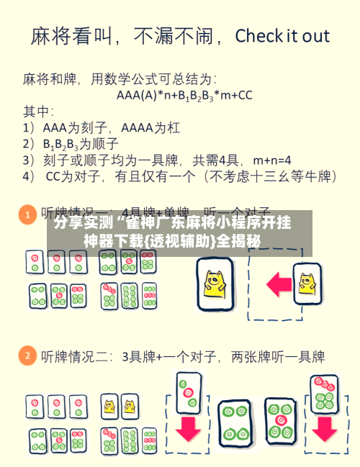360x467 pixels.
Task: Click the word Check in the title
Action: (x=262, y=36)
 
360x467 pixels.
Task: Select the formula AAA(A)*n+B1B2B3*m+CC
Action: (x=184, y=94)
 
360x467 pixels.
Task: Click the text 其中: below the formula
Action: (x=38, y=111)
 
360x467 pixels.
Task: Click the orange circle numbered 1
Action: (x=27, y=214)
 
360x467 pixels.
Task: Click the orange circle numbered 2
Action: (x=27, y=355)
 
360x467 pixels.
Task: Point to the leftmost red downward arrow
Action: (x=189, y=430)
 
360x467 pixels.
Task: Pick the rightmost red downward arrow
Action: (x=324, y=429)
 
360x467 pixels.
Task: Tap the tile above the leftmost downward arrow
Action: (x=189, y=392)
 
